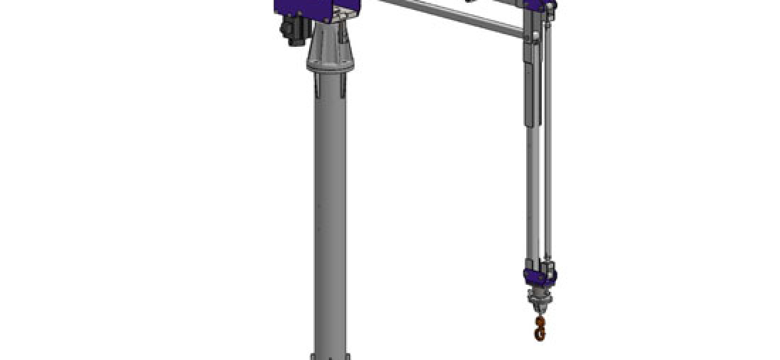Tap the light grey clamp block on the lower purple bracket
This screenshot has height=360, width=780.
point(545,271)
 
